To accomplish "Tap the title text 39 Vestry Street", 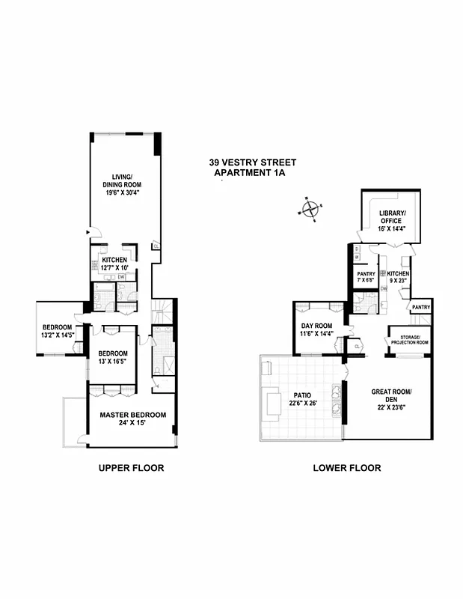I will pos(253,162).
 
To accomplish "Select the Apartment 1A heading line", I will pos(251,173).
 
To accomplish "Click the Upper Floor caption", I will pos(132,468).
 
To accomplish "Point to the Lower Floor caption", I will pos(346,468).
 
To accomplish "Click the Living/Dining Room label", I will pos(122,180).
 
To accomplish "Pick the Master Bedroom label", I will pos(133,415).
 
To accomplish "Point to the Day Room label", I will pos(316,326).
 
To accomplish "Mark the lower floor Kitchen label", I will pos(398,275).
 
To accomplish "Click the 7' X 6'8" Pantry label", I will pos(366,278).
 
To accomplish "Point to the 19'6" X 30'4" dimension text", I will pos(122,192).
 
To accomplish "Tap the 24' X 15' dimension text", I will pos(133,424).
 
